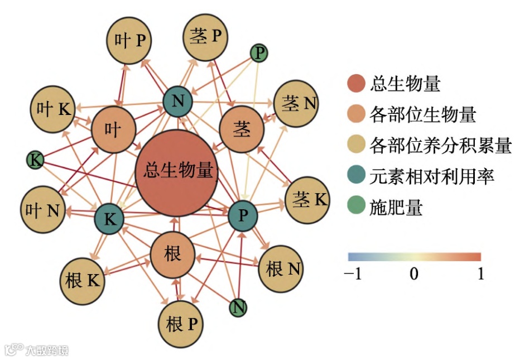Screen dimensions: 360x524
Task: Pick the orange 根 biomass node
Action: [x=172, y=255]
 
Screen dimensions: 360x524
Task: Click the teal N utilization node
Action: [x=177, y=102]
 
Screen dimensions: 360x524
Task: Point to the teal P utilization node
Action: [x=243, y=215]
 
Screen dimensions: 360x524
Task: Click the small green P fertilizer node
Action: [x=258, y=54]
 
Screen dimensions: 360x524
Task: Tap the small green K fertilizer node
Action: [x=35, y=161]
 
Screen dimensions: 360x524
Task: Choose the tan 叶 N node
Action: [x=42, y=210]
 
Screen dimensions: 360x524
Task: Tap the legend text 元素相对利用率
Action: [x=432, y=177]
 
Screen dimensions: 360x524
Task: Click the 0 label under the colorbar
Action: [x=414, y=274]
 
